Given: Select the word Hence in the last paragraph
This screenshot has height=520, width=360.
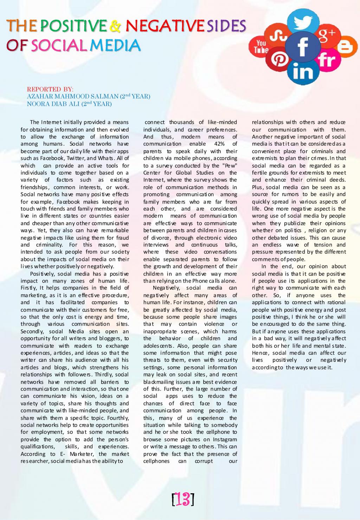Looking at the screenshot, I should pyautogui.click(x=259, y=353).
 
